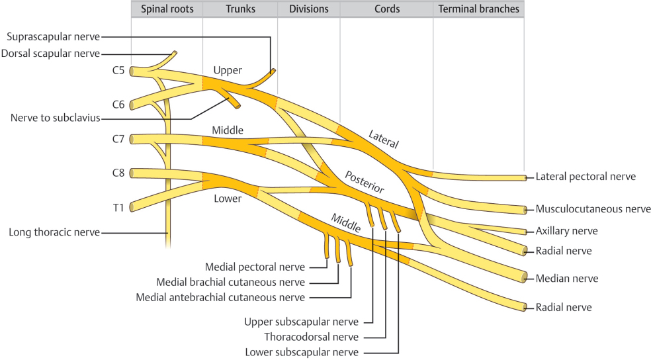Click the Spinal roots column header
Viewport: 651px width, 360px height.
click(166, 10)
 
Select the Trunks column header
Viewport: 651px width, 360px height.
click(240, 10)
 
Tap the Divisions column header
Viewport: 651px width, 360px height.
click(308, 10)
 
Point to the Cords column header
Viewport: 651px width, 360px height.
click(386, 10)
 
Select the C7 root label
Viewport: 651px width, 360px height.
click(118, 139)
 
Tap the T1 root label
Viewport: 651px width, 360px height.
click(118, 208)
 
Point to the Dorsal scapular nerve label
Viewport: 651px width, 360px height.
click(50, 54)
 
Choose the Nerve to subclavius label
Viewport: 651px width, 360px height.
click(55, 118)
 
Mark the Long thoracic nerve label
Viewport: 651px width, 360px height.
click(54, 232)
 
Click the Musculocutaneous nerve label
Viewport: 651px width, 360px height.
click(593, 209)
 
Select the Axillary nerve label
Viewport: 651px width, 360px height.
click(566, 231)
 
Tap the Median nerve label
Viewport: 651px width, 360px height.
click(566, 279)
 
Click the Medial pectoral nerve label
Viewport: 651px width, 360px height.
click(255, 267)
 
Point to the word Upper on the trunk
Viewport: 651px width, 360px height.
click(228, 70)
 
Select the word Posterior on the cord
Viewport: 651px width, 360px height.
click(364, 180)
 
